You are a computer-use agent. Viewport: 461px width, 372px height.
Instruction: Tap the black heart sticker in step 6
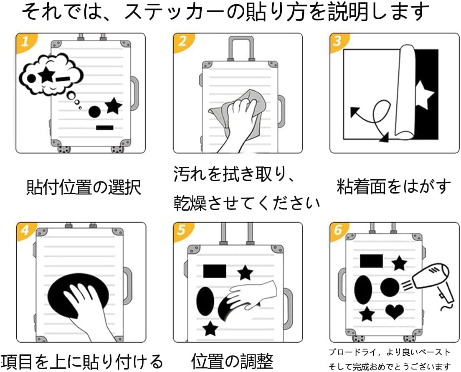[x=394, y=311]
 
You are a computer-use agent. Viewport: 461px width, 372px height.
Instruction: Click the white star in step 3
[x=424, y=94]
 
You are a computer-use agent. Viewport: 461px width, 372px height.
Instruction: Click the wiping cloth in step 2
[x=238, y=107]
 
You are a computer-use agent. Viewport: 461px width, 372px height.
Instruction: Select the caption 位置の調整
[x=232, y=360]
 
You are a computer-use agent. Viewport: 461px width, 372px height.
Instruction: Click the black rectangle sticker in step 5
[x=215, y=271]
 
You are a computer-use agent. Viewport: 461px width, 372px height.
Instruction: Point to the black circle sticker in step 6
[x=390, y=288]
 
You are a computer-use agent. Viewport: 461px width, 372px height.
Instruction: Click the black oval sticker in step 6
[x=363, y=289]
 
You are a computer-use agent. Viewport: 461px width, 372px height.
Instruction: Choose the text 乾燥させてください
[x=247, y=204]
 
